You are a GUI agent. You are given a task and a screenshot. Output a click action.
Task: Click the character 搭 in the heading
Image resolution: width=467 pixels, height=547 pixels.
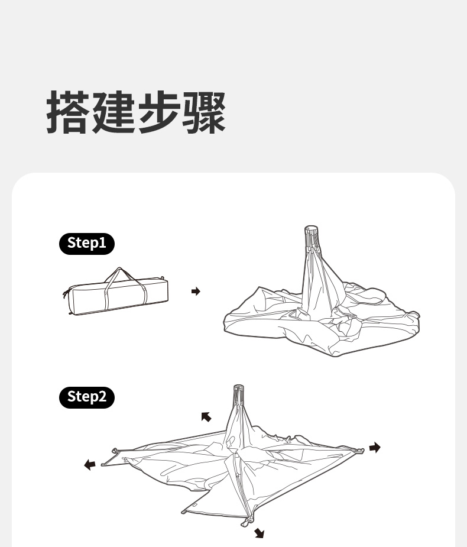pyautogui.click(x=69, y=112)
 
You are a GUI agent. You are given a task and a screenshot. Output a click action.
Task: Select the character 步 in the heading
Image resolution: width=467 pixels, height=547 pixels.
pyautogui.click(x=159, y=112)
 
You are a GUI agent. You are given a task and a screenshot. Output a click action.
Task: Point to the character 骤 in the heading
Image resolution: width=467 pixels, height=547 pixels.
pyautogui.click(x=204, y=112)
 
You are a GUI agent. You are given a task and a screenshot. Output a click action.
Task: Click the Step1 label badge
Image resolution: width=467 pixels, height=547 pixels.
pyautogui.click(x=86, y=243)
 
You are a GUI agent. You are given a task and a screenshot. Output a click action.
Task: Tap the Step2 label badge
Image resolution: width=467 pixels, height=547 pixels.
pyautogui.click(x=86, y=396)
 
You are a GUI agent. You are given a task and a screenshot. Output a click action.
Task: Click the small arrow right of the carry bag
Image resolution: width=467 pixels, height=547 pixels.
pyautogui.click(x=196, y=292)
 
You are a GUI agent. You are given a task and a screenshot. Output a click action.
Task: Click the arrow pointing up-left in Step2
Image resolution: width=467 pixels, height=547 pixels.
pyautogui.click(x=206, y=417)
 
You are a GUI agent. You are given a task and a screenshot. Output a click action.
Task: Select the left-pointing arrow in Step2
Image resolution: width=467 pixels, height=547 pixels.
pyautogui.click(x=90, y=465)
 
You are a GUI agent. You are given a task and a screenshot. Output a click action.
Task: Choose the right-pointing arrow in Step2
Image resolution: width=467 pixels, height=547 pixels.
pyautogui.click(x=375, y=448)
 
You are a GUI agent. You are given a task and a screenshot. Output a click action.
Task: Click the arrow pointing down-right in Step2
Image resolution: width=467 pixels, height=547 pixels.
pyautogui.click(x=259, y=534)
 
